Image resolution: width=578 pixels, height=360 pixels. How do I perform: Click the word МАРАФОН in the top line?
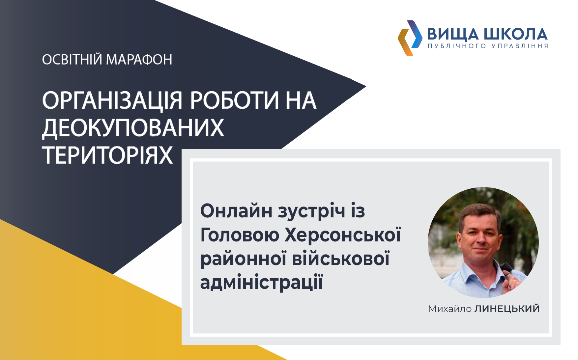[x=139, y=60]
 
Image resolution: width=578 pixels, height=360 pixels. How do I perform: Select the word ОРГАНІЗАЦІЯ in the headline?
[x=112, y=100]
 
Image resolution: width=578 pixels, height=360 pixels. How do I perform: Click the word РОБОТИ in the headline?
[x=235, y=100]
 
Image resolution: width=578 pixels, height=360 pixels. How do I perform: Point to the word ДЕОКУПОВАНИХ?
[x=133, y=128]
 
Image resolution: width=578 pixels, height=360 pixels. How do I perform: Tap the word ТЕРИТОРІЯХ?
[x=107, y=155]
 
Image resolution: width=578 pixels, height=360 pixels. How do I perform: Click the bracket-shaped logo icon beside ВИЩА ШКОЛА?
[x=410, y=38]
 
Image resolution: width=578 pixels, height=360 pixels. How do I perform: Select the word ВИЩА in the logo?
[x=453, y=34]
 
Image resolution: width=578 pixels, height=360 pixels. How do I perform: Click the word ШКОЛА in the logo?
[x=516, y=34]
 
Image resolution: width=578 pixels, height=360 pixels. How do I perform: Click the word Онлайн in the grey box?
[x=236, y=211]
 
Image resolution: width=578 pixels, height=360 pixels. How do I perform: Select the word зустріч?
[x=312, y=211]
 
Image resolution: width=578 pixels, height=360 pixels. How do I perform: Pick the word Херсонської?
[x=343, y=235]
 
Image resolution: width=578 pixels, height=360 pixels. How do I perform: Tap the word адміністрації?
[x=262, y=283]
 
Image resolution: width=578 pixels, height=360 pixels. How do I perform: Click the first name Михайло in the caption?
[x=450, y=309]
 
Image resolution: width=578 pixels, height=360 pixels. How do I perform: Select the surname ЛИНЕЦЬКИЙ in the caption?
[x=507, y=309]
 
